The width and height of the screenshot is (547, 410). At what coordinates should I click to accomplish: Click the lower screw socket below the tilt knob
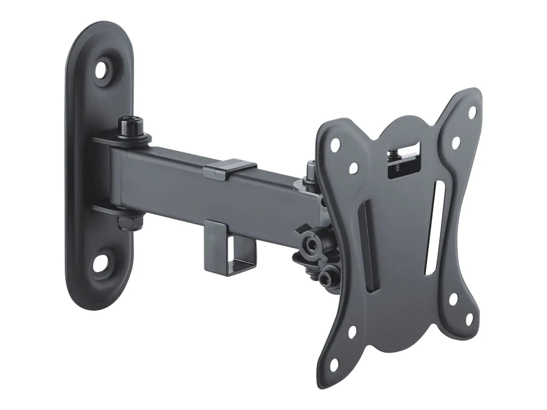[325, 277]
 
